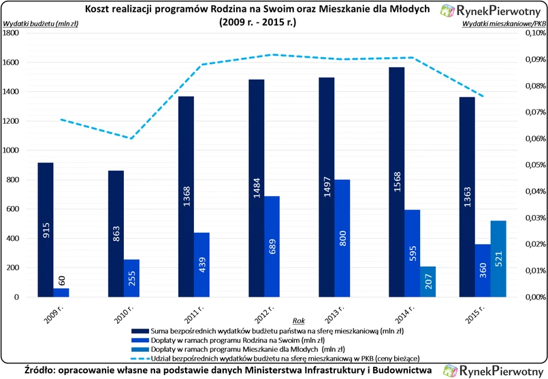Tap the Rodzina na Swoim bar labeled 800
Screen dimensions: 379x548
(342, 238)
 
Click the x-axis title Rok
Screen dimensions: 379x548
(298, 320)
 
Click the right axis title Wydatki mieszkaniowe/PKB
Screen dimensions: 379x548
(504, 24)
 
